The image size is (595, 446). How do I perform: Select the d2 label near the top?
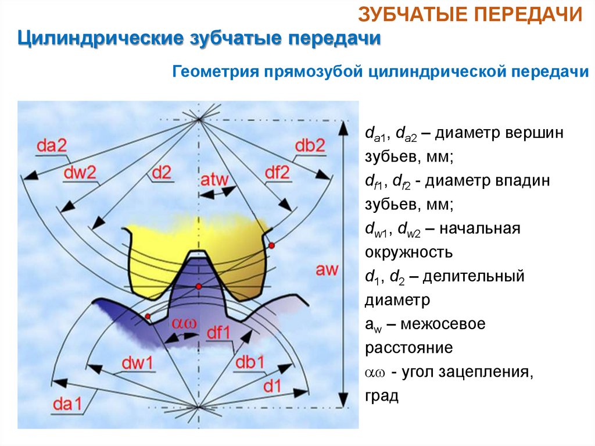coord(161,173)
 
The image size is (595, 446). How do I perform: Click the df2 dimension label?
coord(277,172)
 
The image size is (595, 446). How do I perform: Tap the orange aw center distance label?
coord(328,269)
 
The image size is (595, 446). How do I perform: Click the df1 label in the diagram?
coord(220,333)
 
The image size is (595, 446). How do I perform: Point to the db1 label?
coord(250,362)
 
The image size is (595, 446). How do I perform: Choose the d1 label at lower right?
coord(274,386)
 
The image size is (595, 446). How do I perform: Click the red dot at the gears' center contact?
coord(198,287)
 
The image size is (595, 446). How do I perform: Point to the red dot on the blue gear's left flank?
coord(148,316)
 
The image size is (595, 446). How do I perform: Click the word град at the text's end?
coord(382,397)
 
